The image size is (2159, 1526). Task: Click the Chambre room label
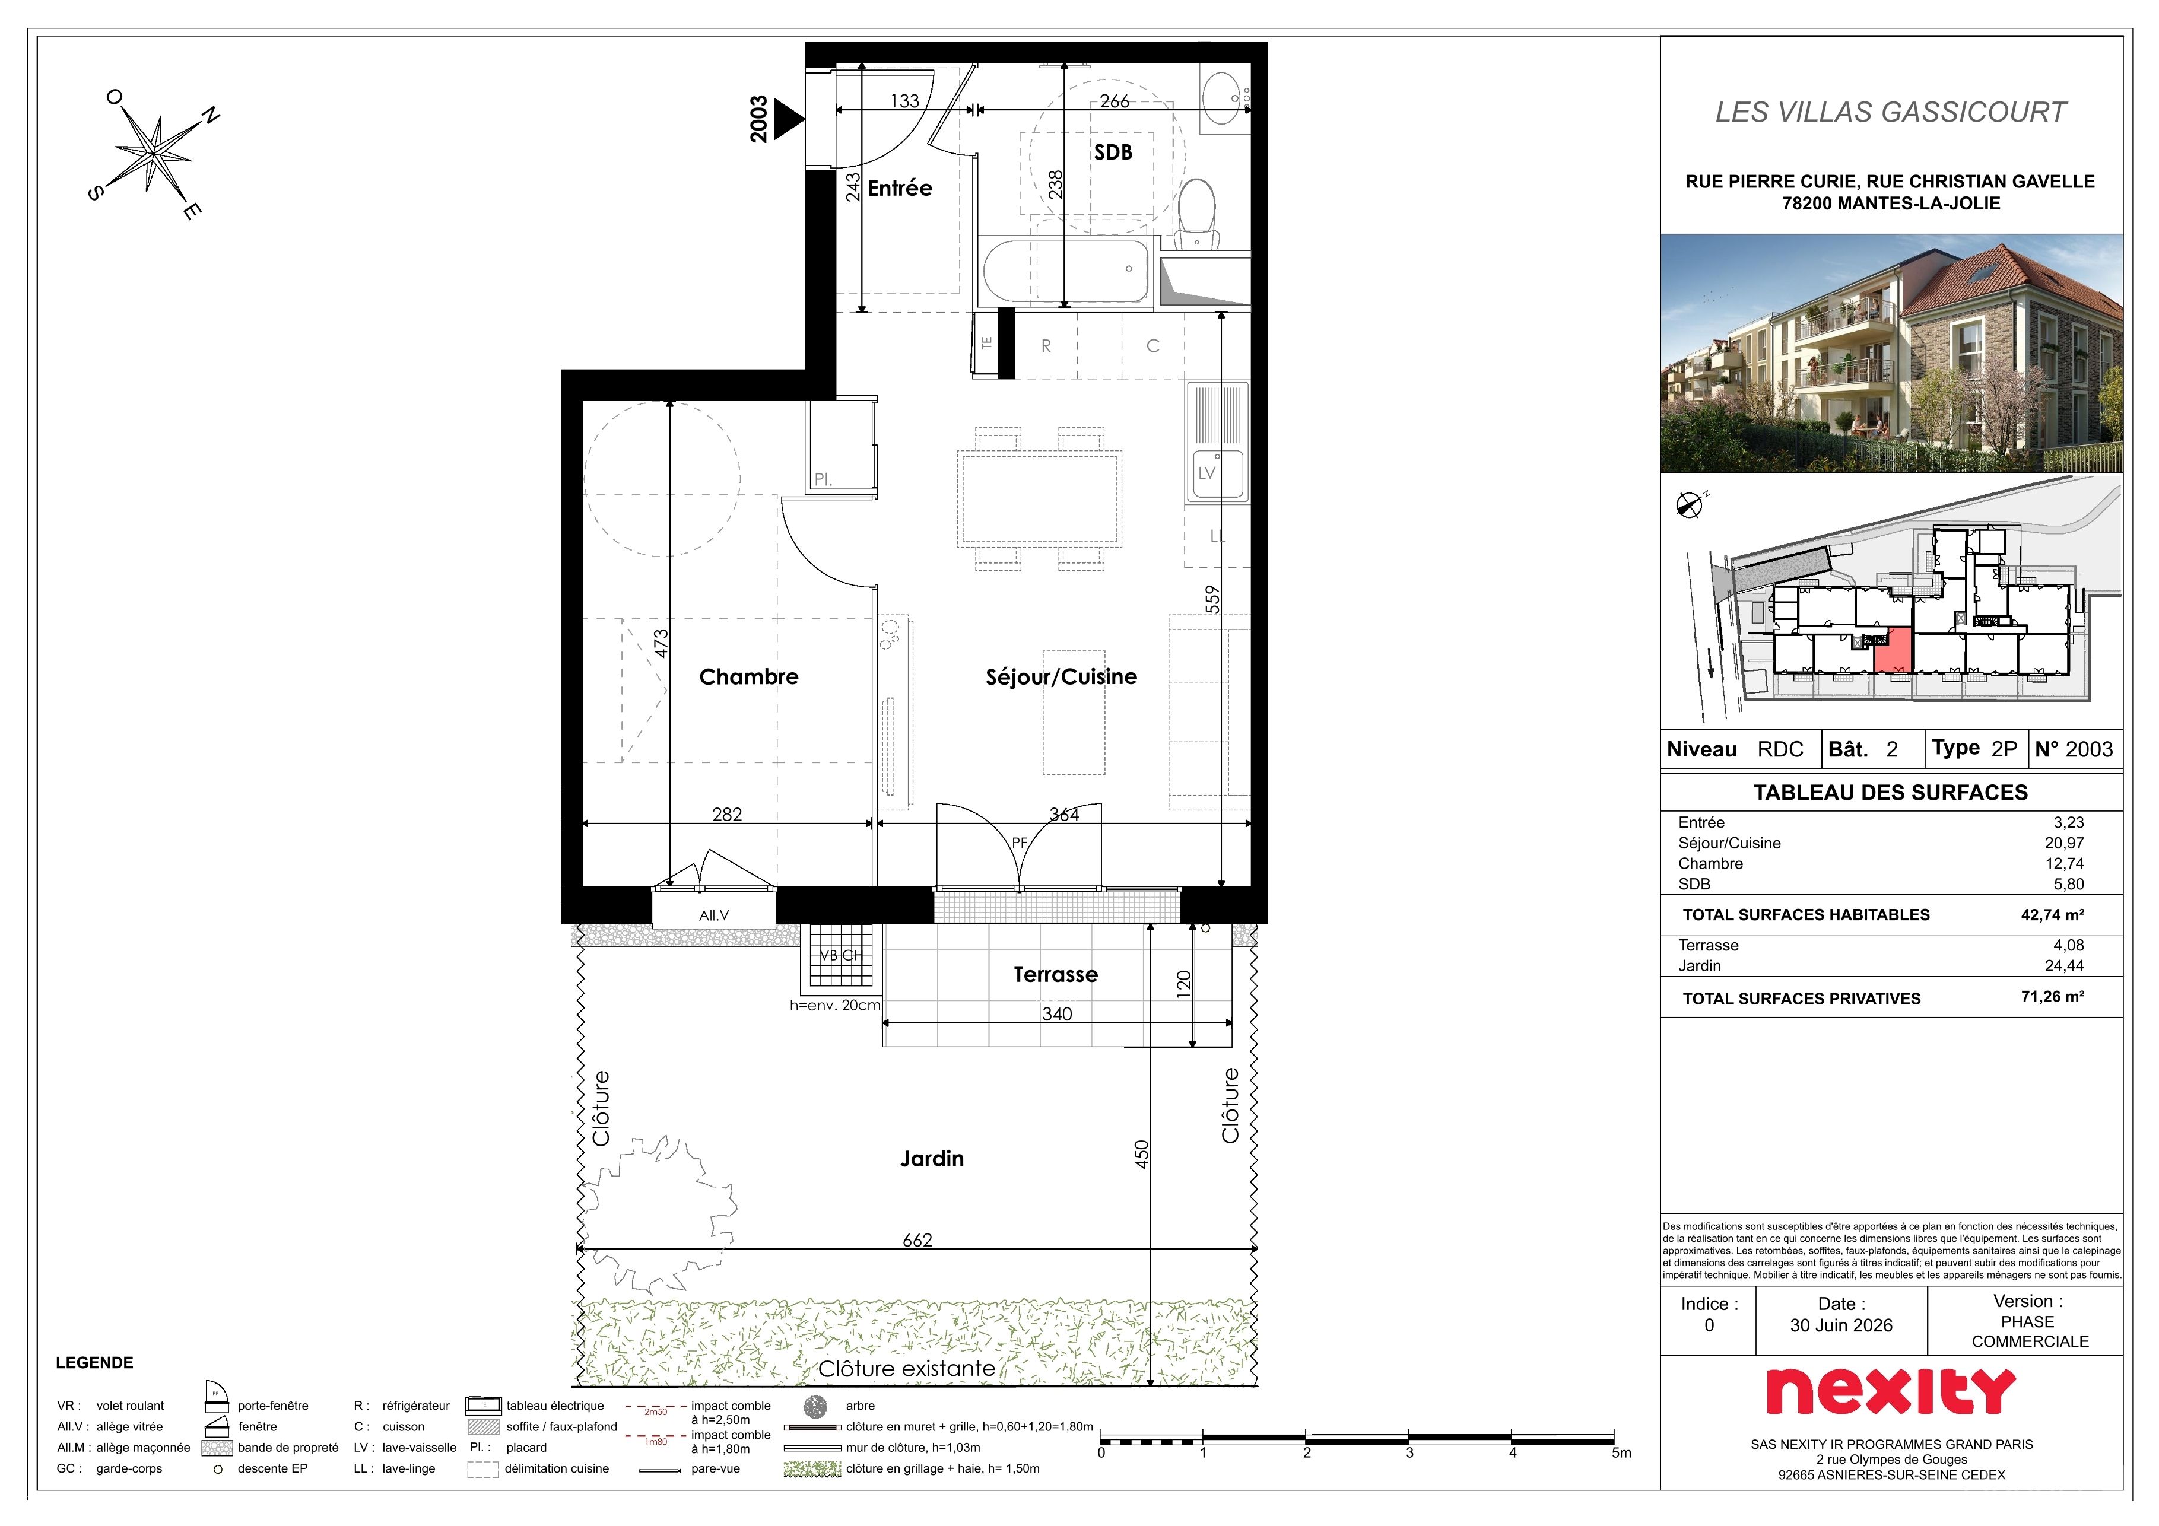point(748,677)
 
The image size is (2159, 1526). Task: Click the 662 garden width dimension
point(917,1240)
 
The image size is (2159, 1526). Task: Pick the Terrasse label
point(1055,974)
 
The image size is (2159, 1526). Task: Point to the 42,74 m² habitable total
point(2053,915)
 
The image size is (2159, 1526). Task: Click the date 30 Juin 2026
point(1841,1325)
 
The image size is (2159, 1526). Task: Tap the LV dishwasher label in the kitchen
point(1206,473)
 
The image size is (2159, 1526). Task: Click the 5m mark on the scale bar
point(1621,1452)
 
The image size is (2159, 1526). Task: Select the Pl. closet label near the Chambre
point(823,479)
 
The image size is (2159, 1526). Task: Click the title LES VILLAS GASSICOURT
point(1891,113)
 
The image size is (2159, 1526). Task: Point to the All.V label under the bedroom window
point(714,915)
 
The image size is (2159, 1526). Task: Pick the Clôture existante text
point(906,1369)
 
